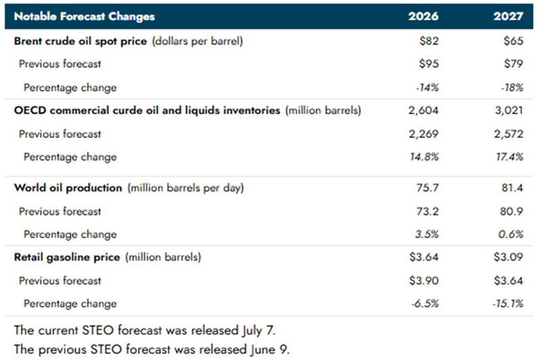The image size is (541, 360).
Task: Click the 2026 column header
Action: [x=423, y=16]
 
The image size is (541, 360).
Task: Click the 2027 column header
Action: [x=509, y=16]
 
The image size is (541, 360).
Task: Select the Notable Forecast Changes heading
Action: [x=85, y=16]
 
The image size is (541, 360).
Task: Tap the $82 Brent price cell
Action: [x=429, y=41]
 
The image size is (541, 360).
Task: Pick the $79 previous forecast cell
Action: [x=513, y=64]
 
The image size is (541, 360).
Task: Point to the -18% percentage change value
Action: [x=513, y=87]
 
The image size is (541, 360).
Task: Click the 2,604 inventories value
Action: [x=423, y=110]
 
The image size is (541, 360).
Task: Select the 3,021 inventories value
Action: [x=509, y=110]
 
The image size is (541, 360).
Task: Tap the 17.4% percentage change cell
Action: [x=510, y=157]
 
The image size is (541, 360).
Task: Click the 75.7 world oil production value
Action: [x=427, y=187]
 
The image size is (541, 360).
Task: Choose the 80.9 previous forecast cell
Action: [x=512, y=211]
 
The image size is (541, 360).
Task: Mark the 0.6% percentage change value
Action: [x=511, y=234]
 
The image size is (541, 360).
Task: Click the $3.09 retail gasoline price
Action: [x=509, y=256]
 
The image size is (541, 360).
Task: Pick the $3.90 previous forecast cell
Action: [x=424, y=280]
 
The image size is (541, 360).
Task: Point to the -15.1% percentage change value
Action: [x=508, y=304]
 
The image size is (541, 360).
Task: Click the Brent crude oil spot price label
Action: [x=80, y=41]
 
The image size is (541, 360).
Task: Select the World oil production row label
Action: [x=68, y=187]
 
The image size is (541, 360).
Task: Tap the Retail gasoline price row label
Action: [x=67, y=257]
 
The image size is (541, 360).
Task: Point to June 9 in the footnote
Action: [x=268, y=349]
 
